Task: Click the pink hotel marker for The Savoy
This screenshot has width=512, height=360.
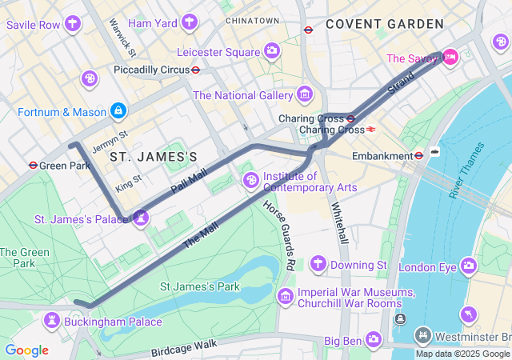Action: [450, 56]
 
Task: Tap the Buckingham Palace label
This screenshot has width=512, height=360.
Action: [113, 322]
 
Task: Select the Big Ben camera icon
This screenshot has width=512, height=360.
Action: [374, 339]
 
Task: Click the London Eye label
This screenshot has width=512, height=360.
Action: [426, 266]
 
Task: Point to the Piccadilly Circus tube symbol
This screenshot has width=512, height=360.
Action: [195, 70]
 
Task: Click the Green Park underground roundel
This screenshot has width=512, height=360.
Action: [32, 166]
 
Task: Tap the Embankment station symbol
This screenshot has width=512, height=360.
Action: [418, 155]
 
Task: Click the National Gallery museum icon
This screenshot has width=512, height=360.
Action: [304, 95]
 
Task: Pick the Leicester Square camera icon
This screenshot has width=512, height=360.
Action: [272, 52]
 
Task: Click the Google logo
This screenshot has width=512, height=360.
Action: [26, 350]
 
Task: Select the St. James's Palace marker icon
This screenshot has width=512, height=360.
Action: [141, 217]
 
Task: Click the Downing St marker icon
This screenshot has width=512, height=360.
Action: [318, 263]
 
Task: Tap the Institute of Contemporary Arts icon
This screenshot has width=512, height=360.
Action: [250, 180]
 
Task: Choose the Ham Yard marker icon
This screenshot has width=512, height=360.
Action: [190, 22]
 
